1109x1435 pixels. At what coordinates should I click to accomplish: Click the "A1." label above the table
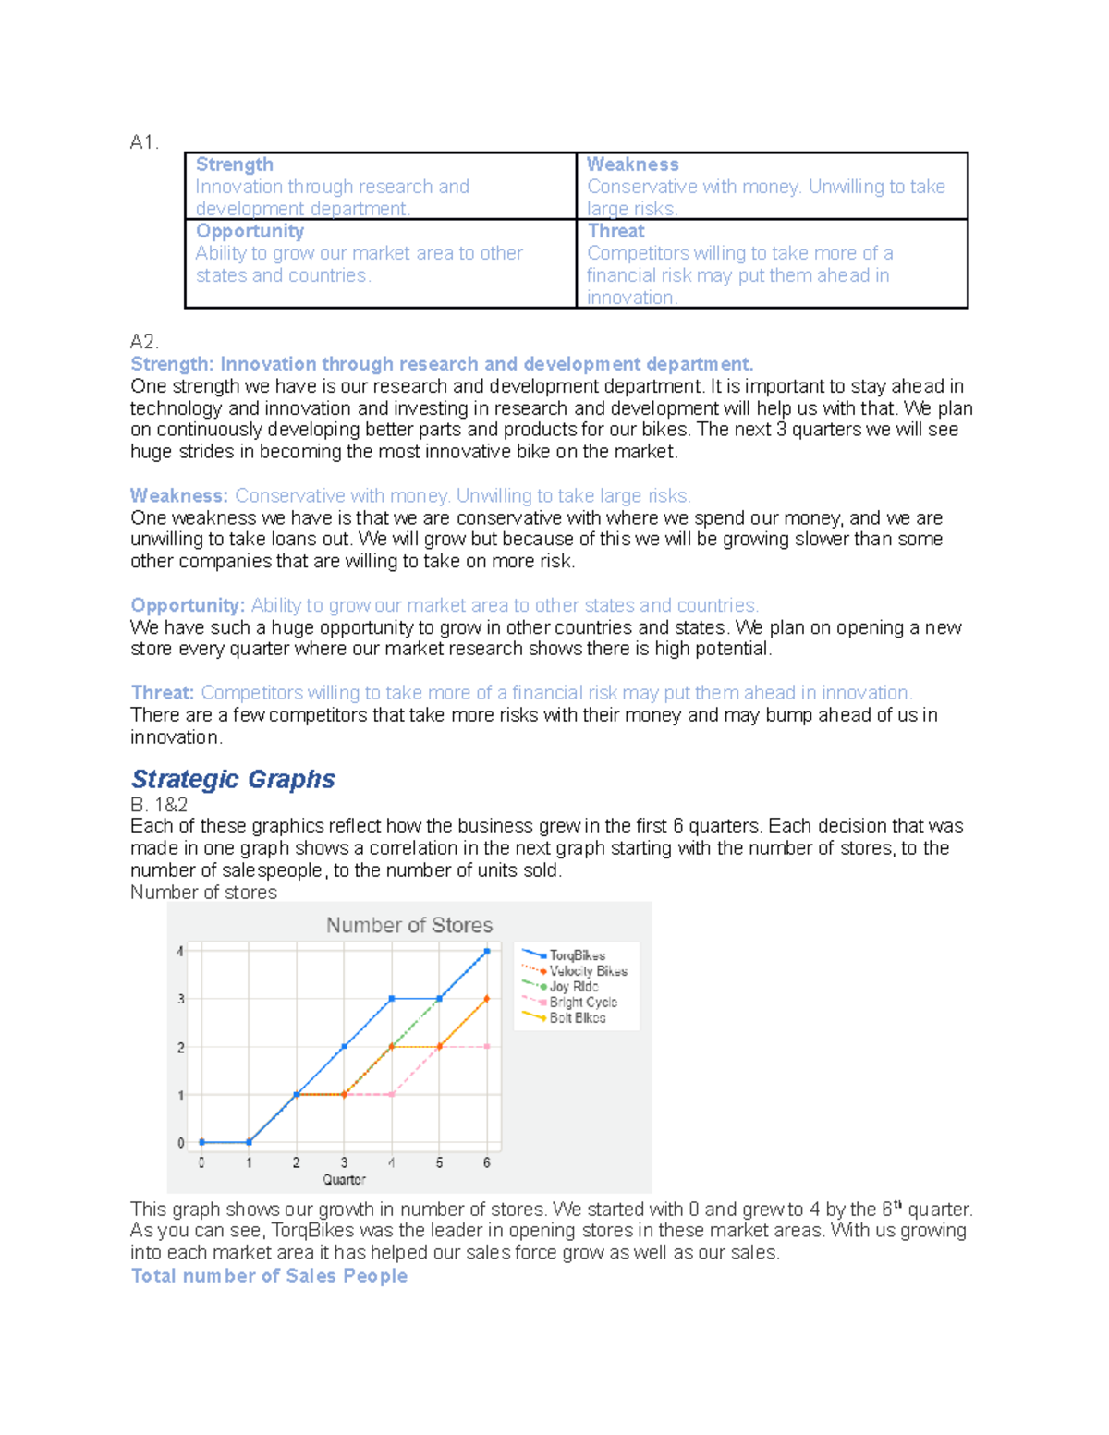click(144, 142)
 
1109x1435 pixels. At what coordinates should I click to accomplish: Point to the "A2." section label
click(144, 342)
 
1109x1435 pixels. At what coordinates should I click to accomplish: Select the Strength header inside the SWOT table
click(234, 164)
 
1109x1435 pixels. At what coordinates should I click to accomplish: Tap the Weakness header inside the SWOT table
click(632, 164)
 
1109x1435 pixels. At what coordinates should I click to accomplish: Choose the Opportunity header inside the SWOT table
click(250, 231)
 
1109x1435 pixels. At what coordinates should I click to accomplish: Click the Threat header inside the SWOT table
click(615, 231)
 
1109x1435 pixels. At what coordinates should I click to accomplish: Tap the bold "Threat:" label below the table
click(163, 693)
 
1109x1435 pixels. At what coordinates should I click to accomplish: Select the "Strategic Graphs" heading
click(233, 779)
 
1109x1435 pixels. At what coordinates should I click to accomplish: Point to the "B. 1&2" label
click(159, 805)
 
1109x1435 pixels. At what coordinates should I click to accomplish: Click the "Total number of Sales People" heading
click(269, 1276)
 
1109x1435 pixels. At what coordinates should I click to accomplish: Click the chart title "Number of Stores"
click(408, 925)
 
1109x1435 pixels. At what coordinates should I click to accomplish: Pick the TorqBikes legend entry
click(577, 955)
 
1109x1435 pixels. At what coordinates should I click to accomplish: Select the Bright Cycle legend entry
click(582, 1003)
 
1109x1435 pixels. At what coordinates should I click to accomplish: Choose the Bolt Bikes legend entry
click(577, 1018)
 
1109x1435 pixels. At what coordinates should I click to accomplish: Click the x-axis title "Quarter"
click(344, 1180)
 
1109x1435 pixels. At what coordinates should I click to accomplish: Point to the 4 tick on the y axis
click(181, 951)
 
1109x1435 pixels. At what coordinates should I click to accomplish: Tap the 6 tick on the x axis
click(487, 1163)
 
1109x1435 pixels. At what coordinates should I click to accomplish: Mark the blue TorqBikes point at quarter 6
click(487, 951)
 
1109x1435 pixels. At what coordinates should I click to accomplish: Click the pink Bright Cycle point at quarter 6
click(487, 1047)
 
